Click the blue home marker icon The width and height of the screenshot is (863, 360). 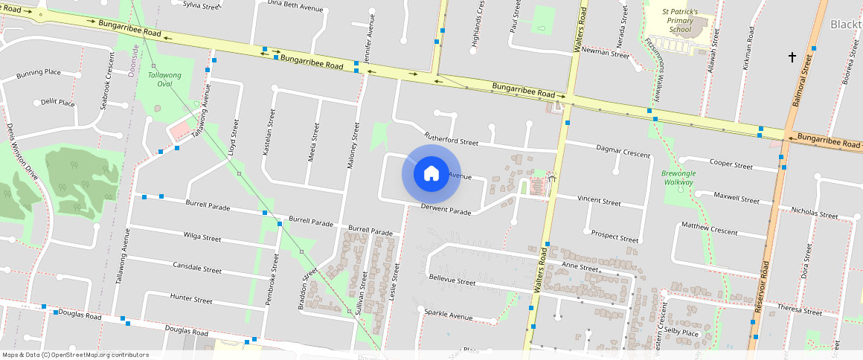point(431,174)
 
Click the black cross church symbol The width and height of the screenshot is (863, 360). point(792,57)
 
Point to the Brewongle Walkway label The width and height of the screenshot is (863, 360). point(678,178)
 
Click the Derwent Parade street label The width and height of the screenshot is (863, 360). point(446,212)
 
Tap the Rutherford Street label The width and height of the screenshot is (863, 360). point(451,138)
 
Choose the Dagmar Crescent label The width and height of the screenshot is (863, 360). point(623,152)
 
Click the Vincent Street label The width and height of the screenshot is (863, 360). point(599,201)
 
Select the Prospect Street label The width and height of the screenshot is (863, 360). point(615,237)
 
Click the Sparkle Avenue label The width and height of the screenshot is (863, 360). point(448,315)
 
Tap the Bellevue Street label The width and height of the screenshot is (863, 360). point(452,281)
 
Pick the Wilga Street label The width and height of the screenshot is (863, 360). point(202,238)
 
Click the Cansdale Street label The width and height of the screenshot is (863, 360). point(197,267)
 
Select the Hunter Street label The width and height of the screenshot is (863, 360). point(191,299)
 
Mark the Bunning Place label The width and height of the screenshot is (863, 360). point(39,73)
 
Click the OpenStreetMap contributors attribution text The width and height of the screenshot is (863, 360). point(75,355)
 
